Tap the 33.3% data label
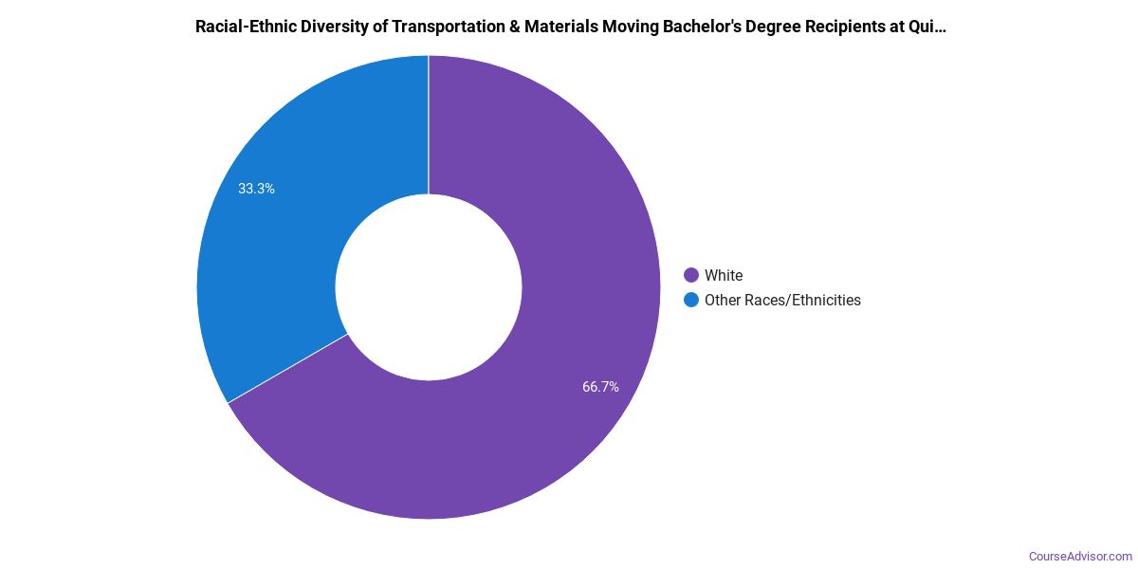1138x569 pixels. (x=256, y=189)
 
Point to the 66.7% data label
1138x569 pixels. (x=600, y=387)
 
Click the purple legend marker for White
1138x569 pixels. (x=691, y=276)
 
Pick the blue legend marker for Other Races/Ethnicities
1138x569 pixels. (x=691, y=301)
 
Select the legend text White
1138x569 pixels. (x=724, y=276)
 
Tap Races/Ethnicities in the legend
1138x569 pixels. (x=805, y=301)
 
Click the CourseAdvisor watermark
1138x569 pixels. (x=1080, y=556)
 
